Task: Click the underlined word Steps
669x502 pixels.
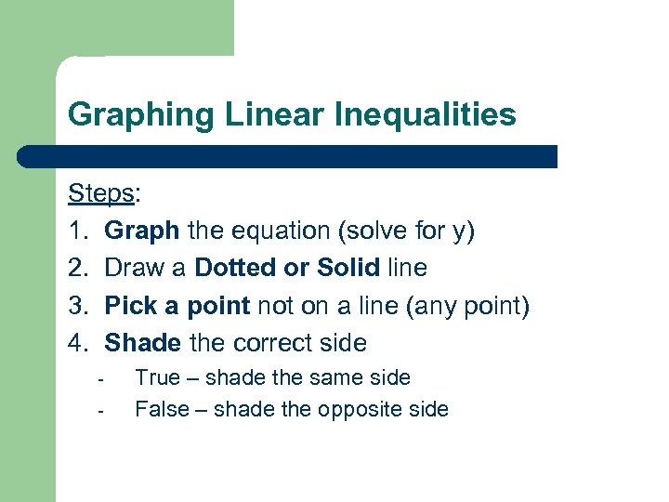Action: (101, 193)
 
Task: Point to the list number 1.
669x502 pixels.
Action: (77, 231)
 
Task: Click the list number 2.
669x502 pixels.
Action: (77, 269)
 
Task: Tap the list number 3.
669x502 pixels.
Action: (77, 306)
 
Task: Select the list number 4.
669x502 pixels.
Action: (77, 343)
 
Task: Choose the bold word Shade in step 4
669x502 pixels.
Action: (143, 343)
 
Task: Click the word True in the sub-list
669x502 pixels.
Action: (156, 377)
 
